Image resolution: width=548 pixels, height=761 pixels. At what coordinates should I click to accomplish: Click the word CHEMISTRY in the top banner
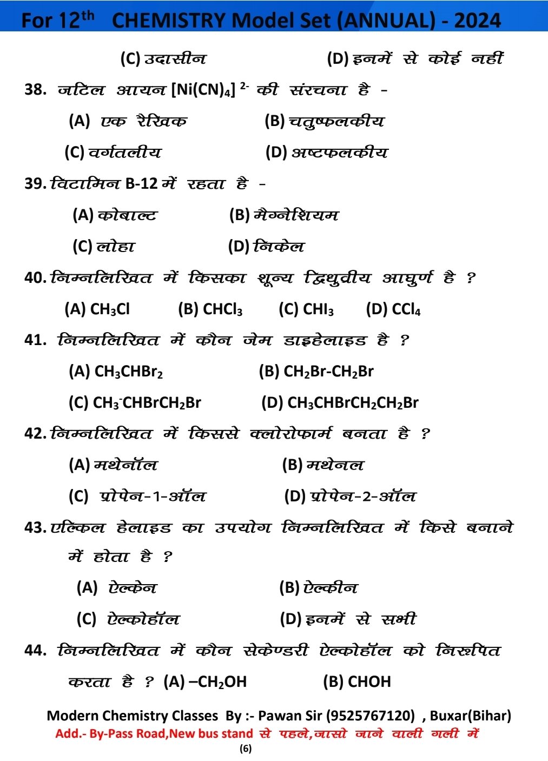[x=168, y=21]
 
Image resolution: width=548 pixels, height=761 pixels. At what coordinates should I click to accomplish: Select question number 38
[x=35, y=89]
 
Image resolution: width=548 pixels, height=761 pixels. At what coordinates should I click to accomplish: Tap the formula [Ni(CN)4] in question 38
[x=203, y=89]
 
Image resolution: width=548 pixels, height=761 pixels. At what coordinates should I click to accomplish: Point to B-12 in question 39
[x=142, y=184]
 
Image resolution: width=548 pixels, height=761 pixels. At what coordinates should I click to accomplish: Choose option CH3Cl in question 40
[x=110, y=309]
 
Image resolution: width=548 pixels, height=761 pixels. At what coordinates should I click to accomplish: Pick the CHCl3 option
[x=222, y=309]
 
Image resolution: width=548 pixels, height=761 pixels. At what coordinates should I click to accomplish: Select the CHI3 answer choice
[x=318, y=309]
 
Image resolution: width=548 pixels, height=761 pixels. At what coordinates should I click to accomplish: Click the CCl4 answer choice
[x=406, y=309]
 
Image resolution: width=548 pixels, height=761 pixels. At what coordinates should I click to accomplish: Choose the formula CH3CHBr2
[x=128, y=372]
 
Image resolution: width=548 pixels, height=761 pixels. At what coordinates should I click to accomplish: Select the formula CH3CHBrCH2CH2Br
[x=353, y=403]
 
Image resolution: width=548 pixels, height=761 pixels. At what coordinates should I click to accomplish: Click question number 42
[x=35, y=434]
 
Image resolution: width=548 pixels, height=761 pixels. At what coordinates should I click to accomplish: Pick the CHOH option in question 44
[x=369, y=681]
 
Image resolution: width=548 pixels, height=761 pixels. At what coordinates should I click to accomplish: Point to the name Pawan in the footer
[x=281, y=716]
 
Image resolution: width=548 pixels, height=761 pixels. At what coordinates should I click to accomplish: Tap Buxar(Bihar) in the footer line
[x=470, y=716]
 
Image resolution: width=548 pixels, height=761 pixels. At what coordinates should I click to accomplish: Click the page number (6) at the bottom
[x=246, y=749]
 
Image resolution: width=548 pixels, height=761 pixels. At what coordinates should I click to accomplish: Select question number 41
[x=35, y=340]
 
